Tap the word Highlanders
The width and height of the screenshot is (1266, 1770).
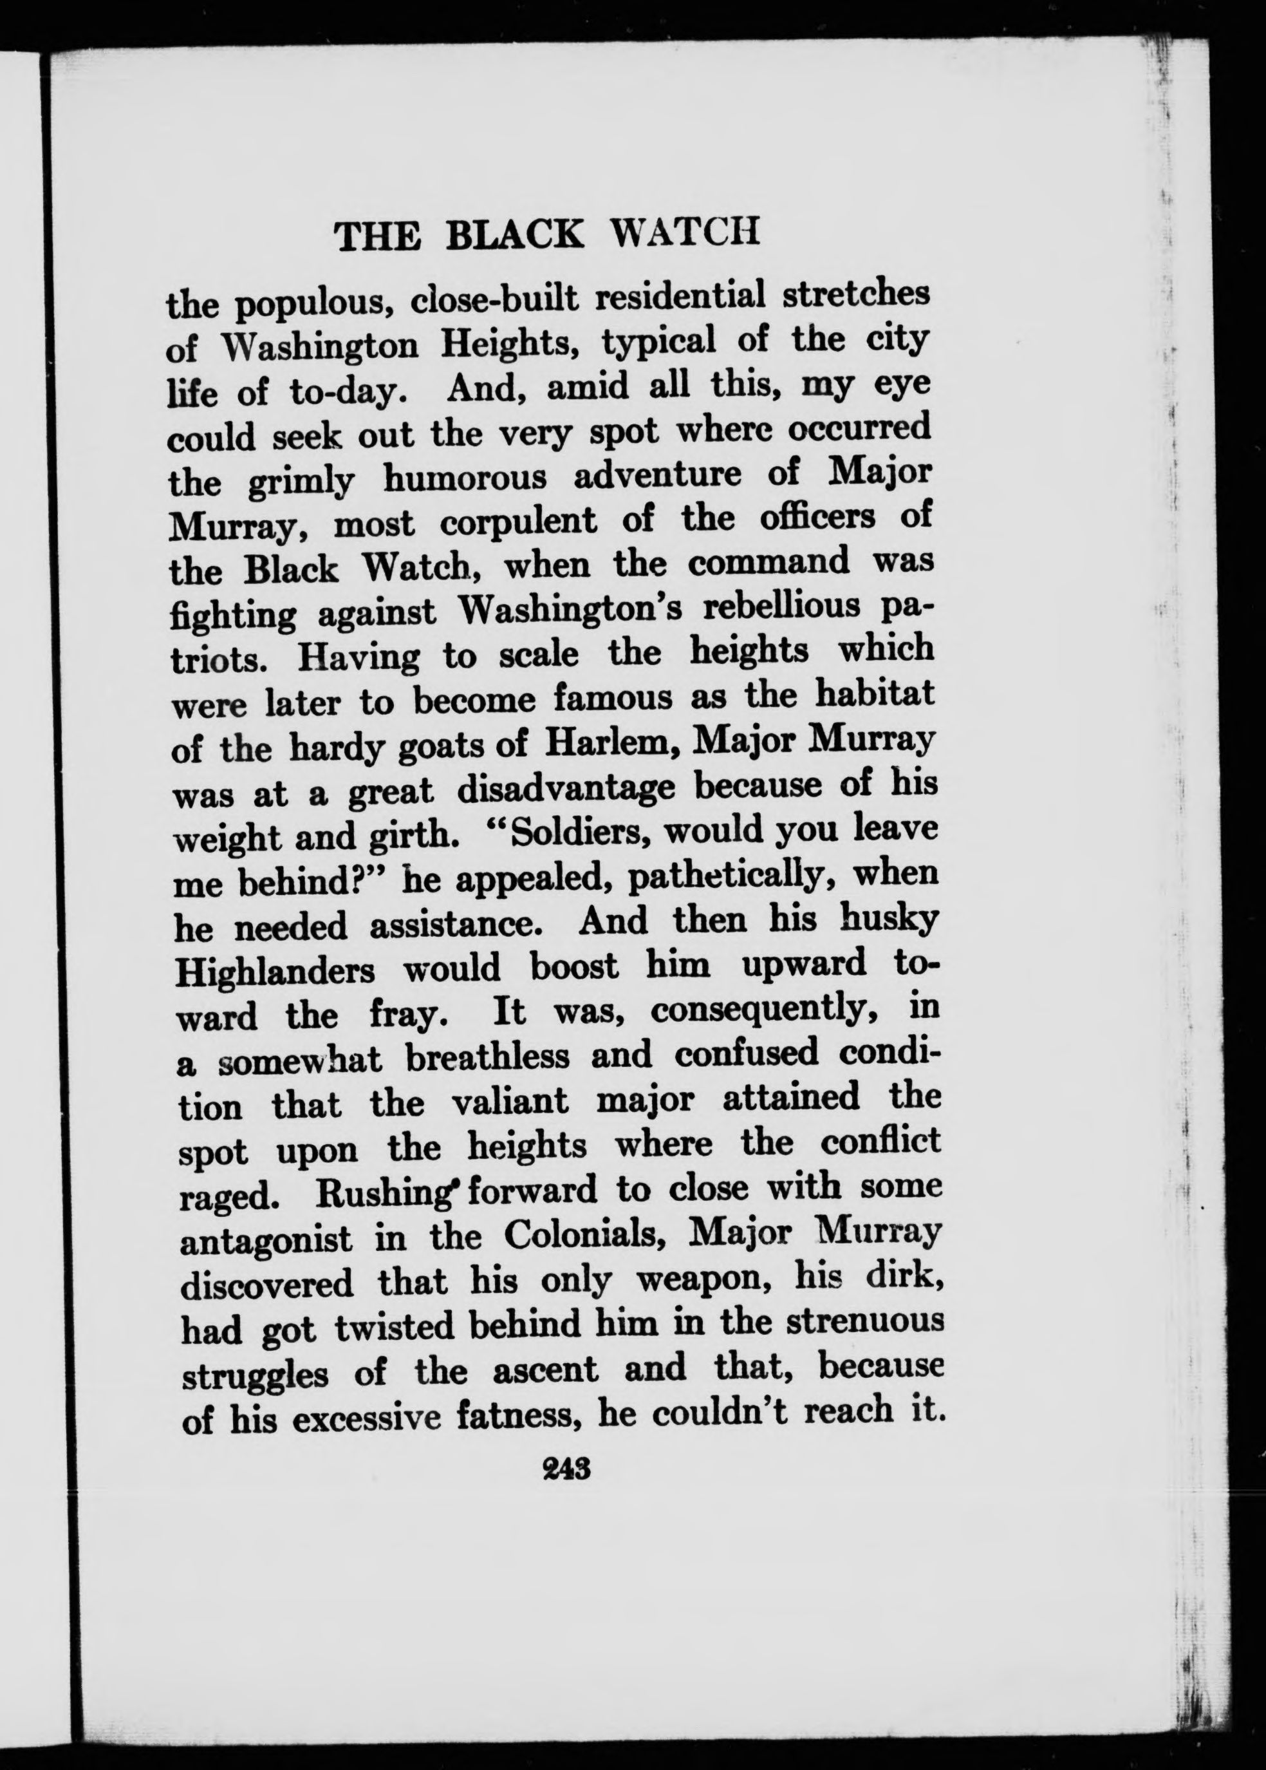click(277, 971)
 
